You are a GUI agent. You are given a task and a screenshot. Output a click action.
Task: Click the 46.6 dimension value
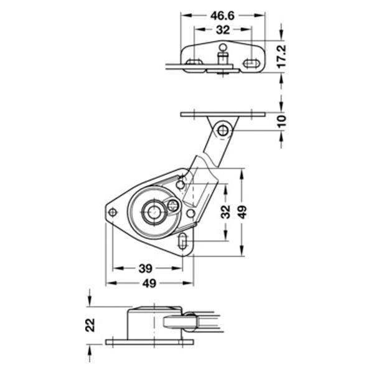222,16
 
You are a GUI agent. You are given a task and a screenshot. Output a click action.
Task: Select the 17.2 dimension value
282,57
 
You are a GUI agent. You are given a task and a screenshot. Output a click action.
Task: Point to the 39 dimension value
145,268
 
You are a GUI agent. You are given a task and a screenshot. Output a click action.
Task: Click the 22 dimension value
90,325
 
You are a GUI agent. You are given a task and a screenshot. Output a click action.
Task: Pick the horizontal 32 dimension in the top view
223,30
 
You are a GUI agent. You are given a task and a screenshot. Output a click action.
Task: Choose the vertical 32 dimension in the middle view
225,212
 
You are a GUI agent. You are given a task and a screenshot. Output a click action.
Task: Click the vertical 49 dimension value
243,212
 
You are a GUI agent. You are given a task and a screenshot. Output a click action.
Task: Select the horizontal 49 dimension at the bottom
149,283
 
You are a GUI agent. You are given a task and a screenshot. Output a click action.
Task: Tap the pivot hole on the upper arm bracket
223,131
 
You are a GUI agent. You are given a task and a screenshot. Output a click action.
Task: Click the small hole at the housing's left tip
113,212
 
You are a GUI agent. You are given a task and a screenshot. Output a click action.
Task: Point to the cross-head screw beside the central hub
173,205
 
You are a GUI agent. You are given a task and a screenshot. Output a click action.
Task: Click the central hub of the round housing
154,212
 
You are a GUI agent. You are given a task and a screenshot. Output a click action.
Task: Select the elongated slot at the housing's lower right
182,241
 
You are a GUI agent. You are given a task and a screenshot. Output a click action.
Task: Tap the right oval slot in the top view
251,64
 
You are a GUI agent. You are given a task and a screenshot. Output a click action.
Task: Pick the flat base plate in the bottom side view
149,342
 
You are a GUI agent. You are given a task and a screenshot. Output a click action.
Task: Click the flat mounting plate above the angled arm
223,115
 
